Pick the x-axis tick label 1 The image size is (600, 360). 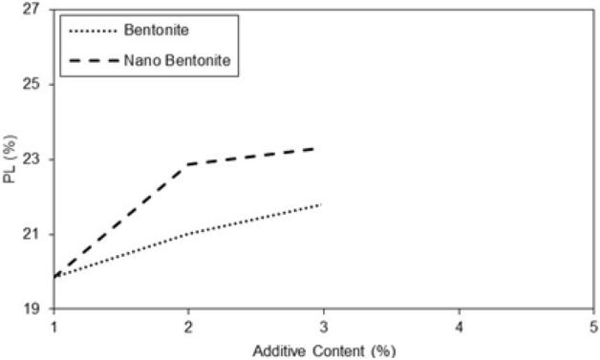tap(54, 328)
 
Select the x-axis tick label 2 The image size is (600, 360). tap(188, 328)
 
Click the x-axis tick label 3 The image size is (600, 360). tap(324, 328)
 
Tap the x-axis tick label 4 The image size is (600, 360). tap(459, 328)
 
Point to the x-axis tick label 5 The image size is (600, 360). tap(593, 328)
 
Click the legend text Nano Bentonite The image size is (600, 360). tap(180, 62)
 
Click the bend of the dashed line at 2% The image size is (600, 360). tap(188, 164)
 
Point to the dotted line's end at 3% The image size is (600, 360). tap(322, 204)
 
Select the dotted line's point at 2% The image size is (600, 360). tap(188, 234)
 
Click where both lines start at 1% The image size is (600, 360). tap(54, 277)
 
